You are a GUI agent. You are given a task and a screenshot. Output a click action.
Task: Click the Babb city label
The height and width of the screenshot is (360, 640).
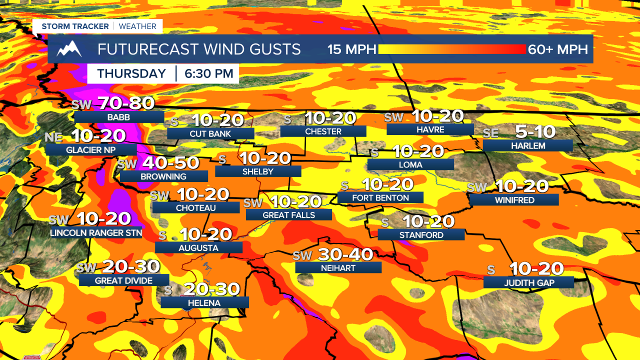click(x=118, y=117)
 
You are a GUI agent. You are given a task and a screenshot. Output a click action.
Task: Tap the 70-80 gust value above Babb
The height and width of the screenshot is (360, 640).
click(x=126, y=103)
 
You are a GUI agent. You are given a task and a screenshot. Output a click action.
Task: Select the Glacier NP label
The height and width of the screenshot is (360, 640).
click(x=90, y=149)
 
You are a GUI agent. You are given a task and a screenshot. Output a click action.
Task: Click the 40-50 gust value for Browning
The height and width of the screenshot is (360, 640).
click(x=171, y=163)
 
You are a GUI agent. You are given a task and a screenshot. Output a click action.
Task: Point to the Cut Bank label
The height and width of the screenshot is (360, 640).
click(x=210, y=134)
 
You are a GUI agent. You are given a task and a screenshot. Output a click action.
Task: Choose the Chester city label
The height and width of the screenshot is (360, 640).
click(x=323, y=131)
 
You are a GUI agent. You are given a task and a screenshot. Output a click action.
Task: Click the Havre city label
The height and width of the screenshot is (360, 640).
click(x=430, y=129)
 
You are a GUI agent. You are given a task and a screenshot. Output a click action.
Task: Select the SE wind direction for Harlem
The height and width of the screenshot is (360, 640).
click(x=490, y=133)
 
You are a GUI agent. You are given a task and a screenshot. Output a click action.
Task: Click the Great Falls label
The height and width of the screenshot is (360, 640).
click(x=289, y=215)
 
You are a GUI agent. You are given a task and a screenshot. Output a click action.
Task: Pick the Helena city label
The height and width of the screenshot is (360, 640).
click(x=204, y=303)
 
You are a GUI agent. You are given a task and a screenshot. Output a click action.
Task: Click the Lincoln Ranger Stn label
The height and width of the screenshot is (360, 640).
click(x=96, y=233)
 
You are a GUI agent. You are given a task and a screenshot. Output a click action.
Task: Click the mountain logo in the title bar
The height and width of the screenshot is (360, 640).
click(x=69, y=49)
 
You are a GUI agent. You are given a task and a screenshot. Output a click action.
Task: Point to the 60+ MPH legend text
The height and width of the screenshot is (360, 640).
click(x=558, y=49)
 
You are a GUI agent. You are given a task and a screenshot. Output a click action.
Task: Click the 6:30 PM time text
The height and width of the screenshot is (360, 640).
click(x=209, y=73)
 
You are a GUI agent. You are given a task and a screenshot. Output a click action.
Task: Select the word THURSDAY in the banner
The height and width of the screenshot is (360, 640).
click(x=131, y=73)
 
